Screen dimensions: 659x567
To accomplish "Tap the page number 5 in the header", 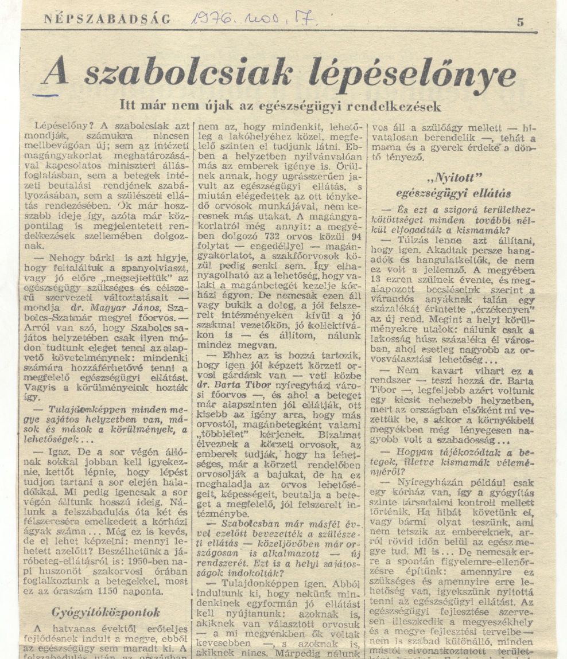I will click(x=520, y=22).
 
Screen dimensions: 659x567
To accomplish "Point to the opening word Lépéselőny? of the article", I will click(x=61, y=124).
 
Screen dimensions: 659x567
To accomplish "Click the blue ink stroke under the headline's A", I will click(x=46, y=94).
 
